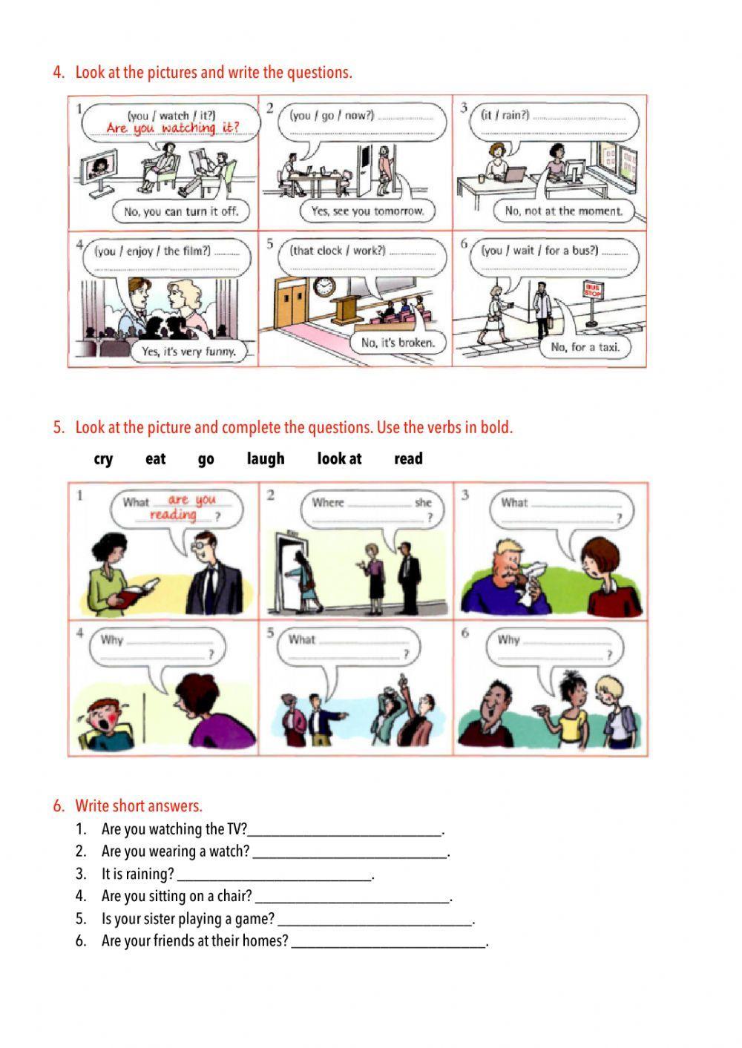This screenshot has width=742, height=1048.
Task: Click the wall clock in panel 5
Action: click(324, 286)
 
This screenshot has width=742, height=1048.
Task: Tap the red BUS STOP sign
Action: click(591, 290)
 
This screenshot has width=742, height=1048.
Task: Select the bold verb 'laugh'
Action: click(266, 459)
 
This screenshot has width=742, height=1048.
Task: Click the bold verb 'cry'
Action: click(103, 459)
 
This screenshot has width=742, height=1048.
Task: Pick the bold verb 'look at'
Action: click(339, 459)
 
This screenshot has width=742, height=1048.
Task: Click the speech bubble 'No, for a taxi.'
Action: click(585, 346)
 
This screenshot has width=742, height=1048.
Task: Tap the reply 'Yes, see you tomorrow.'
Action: click(367, 211)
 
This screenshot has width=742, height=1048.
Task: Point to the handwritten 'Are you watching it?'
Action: click(172, 128)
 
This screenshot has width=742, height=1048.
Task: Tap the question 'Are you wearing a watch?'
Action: click(175, 851)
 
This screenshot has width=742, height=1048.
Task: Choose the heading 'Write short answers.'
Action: click(138, 806)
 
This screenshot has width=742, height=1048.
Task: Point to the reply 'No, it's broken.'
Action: click(398, 343)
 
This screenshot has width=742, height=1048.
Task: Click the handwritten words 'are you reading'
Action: click(181, 507)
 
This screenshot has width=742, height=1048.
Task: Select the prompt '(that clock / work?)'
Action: click(338, 251)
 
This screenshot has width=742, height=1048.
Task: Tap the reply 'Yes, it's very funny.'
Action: click(188, 352)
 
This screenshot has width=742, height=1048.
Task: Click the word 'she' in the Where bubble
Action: click(423, 503)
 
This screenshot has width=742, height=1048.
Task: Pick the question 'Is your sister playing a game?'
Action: click(188, 919)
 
